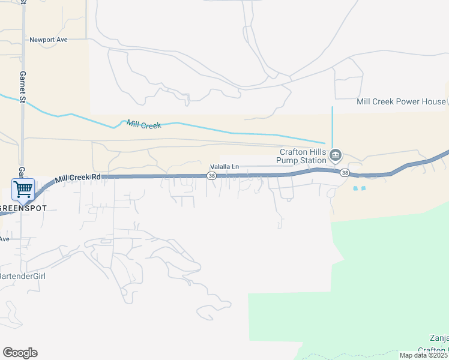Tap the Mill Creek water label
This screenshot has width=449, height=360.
click(144, 125)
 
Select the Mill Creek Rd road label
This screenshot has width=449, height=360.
click(78, 178)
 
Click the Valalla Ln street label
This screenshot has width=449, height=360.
click(224, 167)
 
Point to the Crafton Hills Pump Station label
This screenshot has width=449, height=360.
click(301, 156)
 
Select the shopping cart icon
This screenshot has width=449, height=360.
click(23, 189)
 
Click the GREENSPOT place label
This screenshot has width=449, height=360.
click(22, 208)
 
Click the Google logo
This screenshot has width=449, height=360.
click(20, 353)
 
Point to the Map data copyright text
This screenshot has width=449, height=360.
click(423, 355)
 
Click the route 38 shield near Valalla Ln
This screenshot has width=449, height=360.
click(211, 176)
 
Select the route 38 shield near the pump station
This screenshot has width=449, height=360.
click(344, 173)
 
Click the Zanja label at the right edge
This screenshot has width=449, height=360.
click(439, 338)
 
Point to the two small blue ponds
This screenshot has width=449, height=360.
click(359, 188)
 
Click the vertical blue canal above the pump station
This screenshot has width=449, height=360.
click(332, 123)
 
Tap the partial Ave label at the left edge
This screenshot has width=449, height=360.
click(5, 239)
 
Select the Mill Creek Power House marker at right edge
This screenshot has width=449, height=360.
click(447, 101)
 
